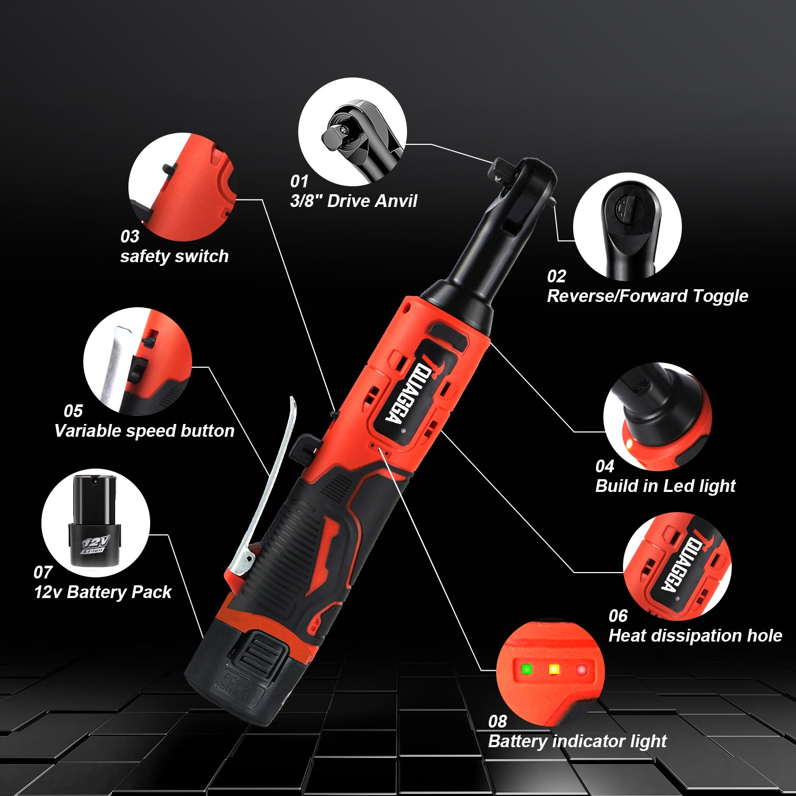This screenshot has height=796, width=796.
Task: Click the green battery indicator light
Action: (x=526, y=669)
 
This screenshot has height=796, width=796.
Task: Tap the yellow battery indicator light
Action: (x=554, y=669)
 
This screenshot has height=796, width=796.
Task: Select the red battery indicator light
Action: (x=582, y=670)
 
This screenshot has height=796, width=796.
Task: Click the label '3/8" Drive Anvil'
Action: (x=353, y=201)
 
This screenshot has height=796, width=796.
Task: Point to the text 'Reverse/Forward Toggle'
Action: (x=647, y=296)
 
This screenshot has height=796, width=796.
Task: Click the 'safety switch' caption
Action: (x=174, y=256)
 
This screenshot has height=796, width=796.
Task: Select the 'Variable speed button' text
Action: (x=144, y=431)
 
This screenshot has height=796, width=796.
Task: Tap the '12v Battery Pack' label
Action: (x=103, y=592)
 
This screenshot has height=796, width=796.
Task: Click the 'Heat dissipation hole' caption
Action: (x=695, y=636)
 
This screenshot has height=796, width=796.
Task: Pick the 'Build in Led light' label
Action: (x=665, y=486)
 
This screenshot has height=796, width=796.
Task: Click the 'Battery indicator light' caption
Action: (x=577, y=741)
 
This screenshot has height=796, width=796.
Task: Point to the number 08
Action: (x=498, y=722)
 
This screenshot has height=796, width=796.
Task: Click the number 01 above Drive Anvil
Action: (x=299, y=181)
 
